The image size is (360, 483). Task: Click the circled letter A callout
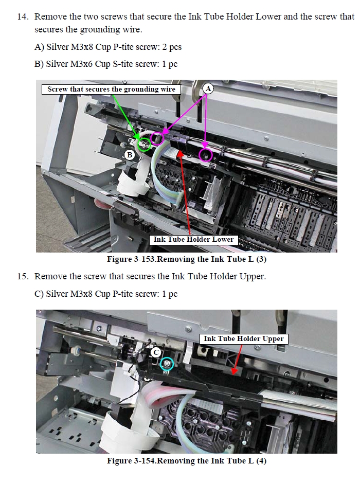click(208, 88)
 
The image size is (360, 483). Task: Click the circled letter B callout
click(130, 155)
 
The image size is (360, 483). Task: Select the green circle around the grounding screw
click(144, 145)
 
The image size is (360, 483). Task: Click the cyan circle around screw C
click(167, 364)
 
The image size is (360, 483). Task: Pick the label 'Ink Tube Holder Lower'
click(194, 239)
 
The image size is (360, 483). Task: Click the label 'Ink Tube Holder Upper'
click(244, 339)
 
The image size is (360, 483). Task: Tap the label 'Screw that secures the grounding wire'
click(111, 90)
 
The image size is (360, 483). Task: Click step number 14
click(23, 16)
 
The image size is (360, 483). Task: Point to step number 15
click(23, 276)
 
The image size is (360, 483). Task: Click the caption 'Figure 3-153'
click(132, 259)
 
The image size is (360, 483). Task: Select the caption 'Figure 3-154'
click(132, 461)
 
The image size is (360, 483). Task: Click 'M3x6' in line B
click(81, 64)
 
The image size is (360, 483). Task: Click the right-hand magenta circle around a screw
click(206, 155)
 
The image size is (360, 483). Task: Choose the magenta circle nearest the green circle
click(158, 138)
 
